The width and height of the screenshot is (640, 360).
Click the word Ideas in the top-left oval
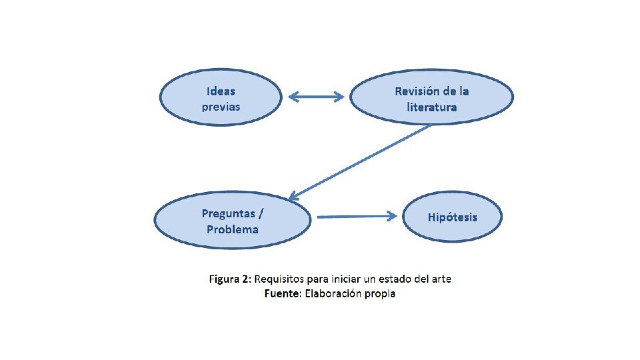click(221, 91)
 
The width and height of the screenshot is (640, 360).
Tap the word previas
click(221, 107)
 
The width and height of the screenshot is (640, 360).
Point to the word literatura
click(432, 107)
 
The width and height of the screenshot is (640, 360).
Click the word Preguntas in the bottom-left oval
click(228, 213)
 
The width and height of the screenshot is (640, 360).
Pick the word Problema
click(232, 229)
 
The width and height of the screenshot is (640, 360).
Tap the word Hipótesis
click(453, 217)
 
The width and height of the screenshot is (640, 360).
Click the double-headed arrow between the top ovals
click(316, 97)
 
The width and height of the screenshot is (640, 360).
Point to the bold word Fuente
click(282, 293)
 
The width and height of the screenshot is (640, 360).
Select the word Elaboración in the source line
click(333, 293)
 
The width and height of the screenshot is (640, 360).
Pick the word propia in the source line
click(380, 294)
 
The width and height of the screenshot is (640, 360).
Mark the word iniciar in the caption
click(348, 279)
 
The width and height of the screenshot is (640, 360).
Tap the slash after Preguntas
click(261, 213)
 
